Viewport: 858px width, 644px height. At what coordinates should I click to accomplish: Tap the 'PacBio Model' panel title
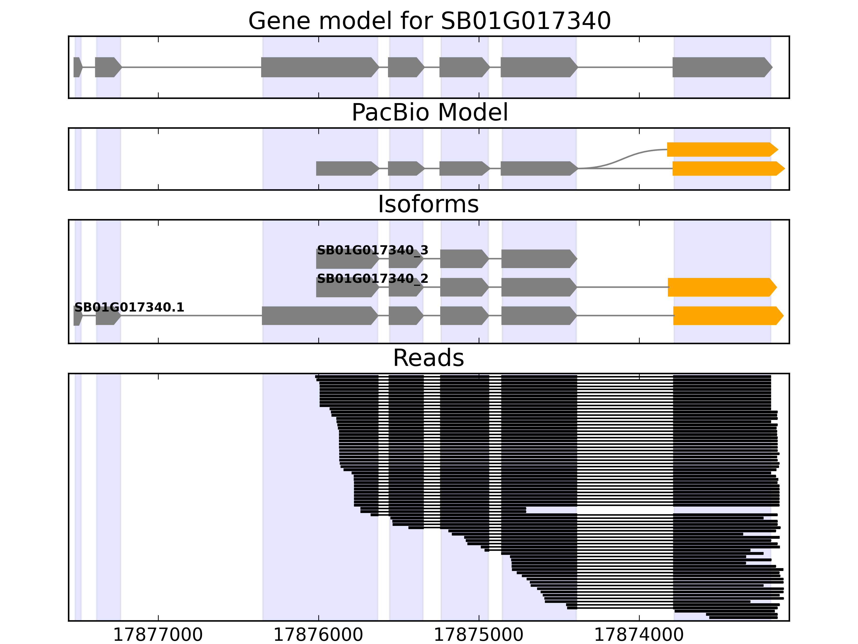pyautogui.click(x=429, y=113)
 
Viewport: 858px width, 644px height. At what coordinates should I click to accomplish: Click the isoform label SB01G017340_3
pyautogui.click(x=372, y=250)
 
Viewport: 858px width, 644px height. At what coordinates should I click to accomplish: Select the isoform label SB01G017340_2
pyautogui.click(x=372, y=279)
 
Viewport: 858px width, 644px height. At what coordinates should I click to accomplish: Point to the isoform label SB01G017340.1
pyautogui.click(x=129, y=308)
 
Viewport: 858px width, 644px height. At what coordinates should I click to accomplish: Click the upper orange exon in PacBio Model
pyautogui.click(x=721, y=149)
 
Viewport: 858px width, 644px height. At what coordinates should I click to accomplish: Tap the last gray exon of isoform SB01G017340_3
pyautogui.click(x=538, y=259)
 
